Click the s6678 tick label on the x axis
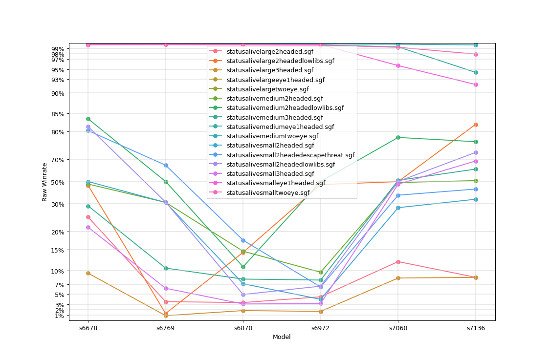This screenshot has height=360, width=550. click(88, 328)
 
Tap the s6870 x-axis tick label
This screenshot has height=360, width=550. click(243, 328)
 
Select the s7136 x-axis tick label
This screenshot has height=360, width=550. click(476, 328)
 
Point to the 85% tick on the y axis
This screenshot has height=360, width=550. click(58, 114)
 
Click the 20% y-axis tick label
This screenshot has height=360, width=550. click(58, 232)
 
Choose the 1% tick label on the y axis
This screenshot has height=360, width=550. click(60, 316)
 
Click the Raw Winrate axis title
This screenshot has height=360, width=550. click(44, 182)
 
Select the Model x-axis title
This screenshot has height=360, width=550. click(282, 337)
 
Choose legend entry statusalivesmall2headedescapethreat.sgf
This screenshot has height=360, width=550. click(290, 155)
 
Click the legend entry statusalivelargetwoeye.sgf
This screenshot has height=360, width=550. click(267, 89)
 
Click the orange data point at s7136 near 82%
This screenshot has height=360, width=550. click(476, 125)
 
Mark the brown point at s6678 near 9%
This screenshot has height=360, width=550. click(88, 273)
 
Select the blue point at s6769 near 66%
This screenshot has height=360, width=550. click(166, 165)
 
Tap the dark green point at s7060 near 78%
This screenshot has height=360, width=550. click(398, 137)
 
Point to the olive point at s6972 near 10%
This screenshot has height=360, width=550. click(321, 272)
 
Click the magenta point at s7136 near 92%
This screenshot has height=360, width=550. click(476, 85)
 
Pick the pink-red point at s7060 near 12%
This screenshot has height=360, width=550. click(398, 262)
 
